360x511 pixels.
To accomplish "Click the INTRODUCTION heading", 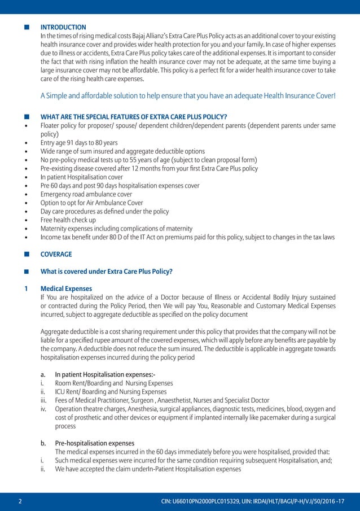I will coord(63,27).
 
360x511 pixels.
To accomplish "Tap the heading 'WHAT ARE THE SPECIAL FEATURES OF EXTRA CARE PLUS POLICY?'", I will coord(134,117).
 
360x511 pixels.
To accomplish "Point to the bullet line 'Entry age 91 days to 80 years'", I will coord(79,143).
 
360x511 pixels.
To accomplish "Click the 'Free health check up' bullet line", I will coord(68,220).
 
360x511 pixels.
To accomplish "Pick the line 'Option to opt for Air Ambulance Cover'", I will coord(92,203).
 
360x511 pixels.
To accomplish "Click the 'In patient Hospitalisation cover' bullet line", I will coord(81,177).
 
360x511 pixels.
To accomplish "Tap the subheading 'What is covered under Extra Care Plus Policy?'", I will coord(107,271).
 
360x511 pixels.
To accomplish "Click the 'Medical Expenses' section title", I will coord(66,289).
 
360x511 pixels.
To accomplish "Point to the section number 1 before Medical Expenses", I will coord(27,289).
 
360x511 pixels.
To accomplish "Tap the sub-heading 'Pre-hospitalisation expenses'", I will coord(94,443).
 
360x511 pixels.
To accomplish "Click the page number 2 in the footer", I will coord(20,501).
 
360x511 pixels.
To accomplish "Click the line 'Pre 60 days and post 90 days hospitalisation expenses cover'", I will coord(120,186).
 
